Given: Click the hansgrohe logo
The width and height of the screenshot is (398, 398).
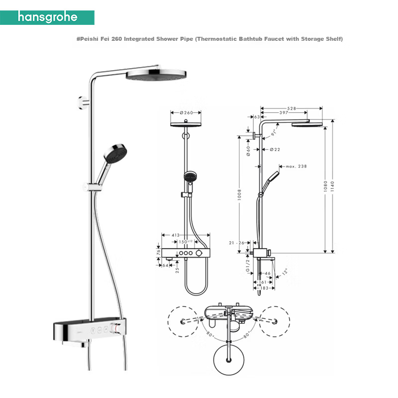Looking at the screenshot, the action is pyautogui.click(x=47, y=17).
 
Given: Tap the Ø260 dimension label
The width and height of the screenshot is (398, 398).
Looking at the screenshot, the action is pyautogui.click(x=186, y=113).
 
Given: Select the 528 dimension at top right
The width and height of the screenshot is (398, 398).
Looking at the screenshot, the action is pyautogui.click(x=292, y=108).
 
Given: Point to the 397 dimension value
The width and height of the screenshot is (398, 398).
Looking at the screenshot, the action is pyautogui.click(x=284, y=112).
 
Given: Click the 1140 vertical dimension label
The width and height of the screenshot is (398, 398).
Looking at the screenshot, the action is pyautogui.click(x=332, y=186).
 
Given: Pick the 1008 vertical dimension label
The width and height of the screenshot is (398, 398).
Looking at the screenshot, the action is pyautogui.click(x=239, y=195).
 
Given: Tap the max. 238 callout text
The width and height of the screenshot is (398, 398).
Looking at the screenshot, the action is pyautogui.click(x=296, y=166).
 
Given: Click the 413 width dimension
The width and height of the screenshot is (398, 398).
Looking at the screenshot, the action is pyautogui.click(x=176, y=235).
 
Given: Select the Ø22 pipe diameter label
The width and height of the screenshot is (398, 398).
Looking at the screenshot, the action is pyautogui.click(x=275, y=150).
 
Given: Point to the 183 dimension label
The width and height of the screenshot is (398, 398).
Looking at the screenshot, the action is pyautogui.click(x=264, y=288).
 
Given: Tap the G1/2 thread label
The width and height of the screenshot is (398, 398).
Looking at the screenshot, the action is pyautogui.click(x=248, y=265).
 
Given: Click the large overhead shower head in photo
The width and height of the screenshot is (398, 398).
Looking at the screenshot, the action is pyautogui.click(x=156, y=75).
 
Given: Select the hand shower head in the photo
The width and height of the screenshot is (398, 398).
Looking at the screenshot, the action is pyautogui.click(x=115, y=154).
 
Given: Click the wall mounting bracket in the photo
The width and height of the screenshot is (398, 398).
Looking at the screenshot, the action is pyautogui.click(x=83, y=103).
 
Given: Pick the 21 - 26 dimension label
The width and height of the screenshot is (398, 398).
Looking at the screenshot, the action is pyautogui.click(x=236, y=243).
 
